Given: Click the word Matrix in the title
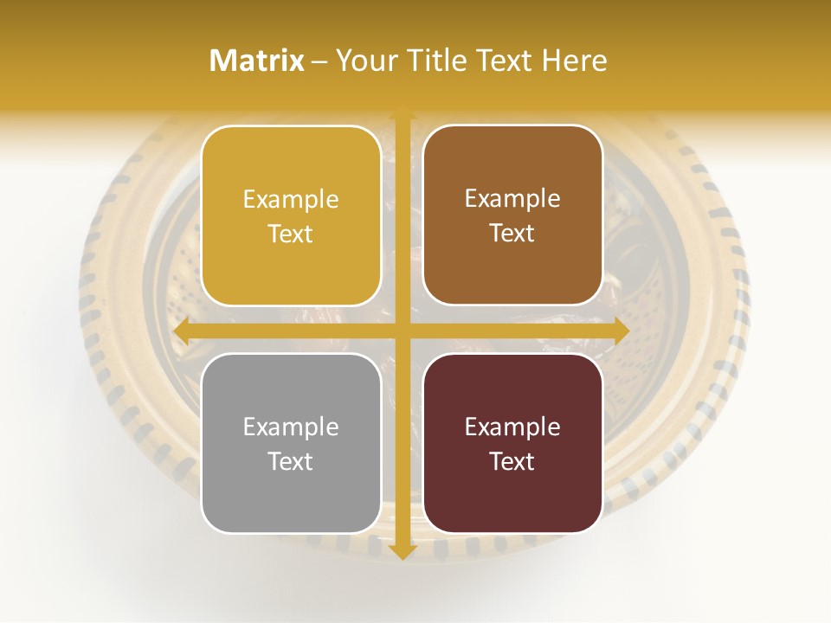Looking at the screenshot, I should coord(257,61).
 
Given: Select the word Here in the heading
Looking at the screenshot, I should coord(574,61).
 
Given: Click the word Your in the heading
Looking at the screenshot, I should coord(366,61).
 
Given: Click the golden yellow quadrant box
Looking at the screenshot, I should coord(291,215).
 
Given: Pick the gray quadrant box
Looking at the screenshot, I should coord(291,443).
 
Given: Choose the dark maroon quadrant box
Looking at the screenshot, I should coord(512,443).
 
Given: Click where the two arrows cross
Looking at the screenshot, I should coord(402,331).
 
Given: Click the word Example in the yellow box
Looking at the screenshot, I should coord(291,199).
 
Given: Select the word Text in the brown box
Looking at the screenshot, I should coord(512,233).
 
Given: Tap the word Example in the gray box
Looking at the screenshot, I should coord(291,427).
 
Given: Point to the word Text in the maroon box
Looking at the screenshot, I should coord(512,461).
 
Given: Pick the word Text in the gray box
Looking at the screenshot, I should coord(291,461).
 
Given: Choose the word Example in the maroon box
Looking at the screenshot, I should coord(512,427).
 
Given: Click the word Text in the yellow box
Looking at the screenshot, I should coord(291,234).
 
